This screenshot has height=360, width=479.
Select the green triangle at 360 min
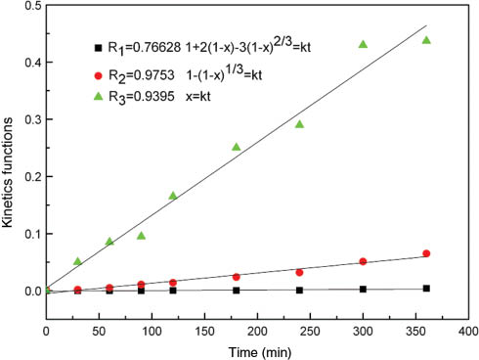pos(426,40)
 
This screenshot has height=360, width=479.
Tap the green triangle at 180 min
pos(237,147)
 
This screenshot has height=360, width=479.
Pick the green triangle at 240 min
pos(299,124)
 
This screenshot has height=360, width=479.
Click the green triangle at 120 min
pos(173,196)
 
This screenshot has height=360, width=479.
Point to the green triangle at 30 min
pos(78,261)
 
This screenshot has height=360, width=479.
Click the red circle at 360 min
pos(426,253)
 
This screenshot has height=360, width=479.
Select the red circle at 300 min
pos(363,261)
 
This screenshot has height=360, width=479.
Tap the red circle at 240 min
pos(299,272)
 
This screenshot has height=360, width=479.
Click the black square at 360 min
pos(426,288)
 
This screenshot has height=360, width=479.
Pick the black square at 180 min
pos(237,290)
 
